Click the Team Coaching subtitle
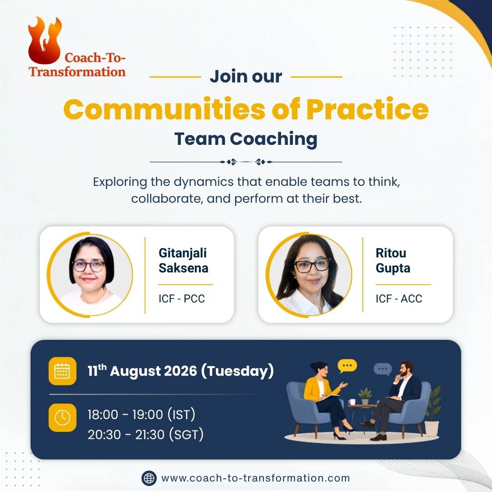pyautogui.click(x=246, y=139)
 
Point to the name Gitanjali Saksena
pyautogui.click(x=183, y=261)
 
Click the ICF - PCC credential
pyautogui.click(x=182, y=299)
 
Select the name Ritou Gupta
pyautogui.click(x=393, y=261)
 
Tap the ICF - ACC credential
pyautogui.click(x=399, y=299)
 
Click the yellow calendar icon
pyautogui.click(x=62, y=371)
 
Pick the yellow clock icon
pyautogui.click(x=62, y=418)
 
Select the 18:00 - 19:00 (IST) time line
pyautogui.click(x=141, y=415)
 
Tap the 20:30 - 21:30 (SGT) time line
pyautogui.click(x=146, y=435)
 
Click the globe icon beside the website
pyautogui.click(x=149, y=478)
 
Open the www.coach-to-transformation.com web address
pyautogui.click(x=256, y=478)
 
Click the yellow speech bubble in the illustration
pyautogui.click(x=347, y=366)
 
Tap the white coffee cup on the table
pyautogui.click(x=352, y=402)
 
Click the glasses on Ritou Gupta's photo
pyautogui.click(x=312, y=266)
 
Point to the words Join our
pyautogui.click(x=246, y=77)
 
